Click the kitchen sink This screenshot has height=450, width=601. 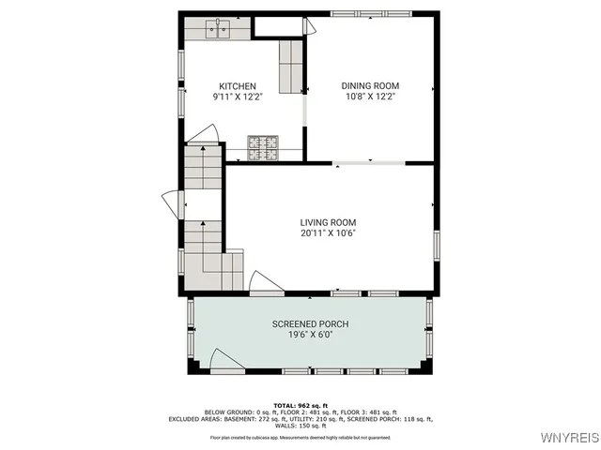point(219,28)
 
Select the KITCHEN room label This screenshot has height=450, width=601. point(238,86)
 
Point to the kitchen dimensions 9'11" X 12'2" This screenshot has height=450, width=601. point(238,97)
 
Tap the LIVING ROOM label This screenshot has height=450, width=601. point(328,222)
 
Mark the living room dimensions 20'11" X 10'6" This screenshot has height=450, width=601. point(328,232)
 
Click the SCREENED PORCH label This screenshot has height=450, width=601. point(310,324)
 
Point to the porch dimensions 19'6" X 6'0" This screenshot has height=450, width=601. point(310,335)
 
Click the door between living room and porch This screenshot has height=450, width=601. point(265,281)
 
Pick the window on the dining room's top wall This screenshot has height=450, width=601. point(370,13)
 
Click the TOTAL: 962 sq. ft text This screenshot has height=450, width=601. point(300,404)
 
